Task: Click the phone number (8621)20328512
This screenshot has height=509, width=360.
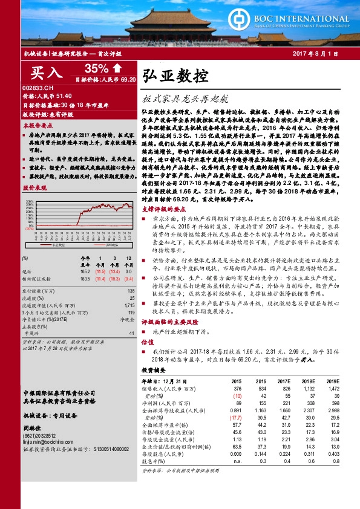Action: (42, 436)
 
